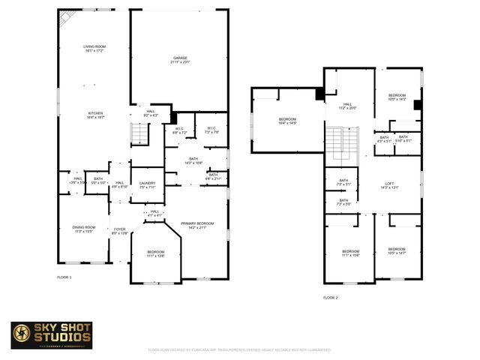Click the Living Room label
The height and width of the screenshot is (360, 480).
(x=94, y=49)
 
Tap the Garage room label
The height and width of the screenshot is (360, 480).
(x=179, y=60)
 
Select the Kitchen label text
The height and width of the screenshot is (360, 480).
(x=94, y=115)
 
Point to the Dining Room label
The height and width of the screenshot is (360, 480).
(x=84, y=229)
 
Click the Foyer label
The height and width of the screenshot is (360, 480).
(x=120, y=232)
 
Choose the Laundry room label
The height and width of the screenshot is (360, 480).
(x=147, y=185)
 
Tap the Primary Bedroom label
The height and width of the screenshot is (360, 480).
(x=197, y=226)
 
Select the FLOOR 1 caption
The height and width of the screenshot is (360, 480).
(x=64, y=277)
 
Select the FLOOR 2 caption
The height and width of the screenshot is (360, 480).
(x=331, y=298)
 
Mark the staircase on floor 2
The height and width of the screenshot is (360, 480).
(x=342, y=142)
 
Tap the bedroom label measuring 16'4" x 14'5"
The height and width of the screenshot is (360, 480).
(x=288, y=121)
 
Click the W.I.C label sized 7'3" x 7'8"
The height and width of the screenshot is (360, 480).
(x=211, y=130)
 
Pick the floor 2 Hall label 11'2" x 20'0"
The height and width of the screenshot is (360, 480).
(x=348, y=106)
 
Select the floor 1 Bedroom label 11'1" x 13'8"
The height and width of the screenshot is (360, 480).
(x=156, y=254)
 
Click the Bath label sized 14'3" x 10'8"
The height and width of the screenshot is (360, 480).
(x=193, y=160)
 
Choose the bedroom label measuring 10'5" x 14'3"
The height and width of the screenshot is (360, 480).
(x=397, y=97)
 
